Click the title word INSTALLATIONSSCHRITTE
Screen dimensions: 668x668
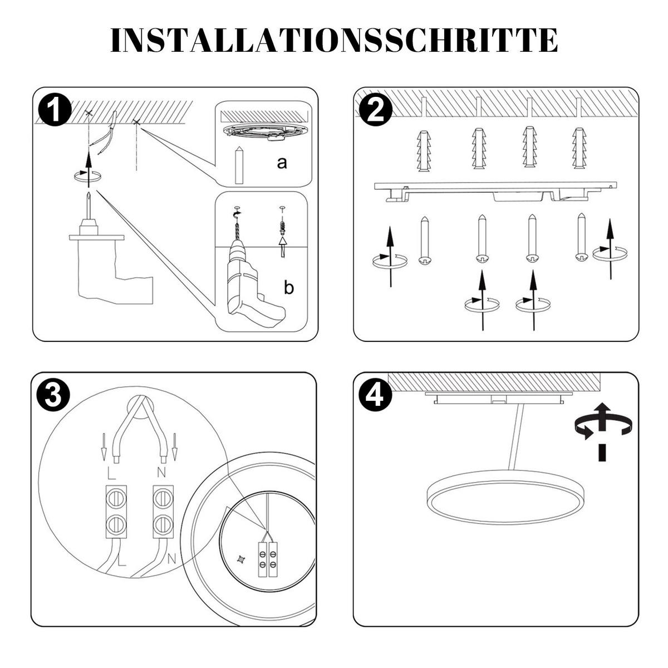[334, 40]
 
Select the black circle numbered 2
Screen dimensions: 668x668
[376, 110]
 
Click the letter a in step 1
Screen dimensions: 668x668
[282, 163]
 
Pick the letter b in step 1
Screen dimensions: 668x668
[289, 288]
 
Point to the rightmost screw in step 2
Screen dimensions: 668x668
[582, 237]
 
